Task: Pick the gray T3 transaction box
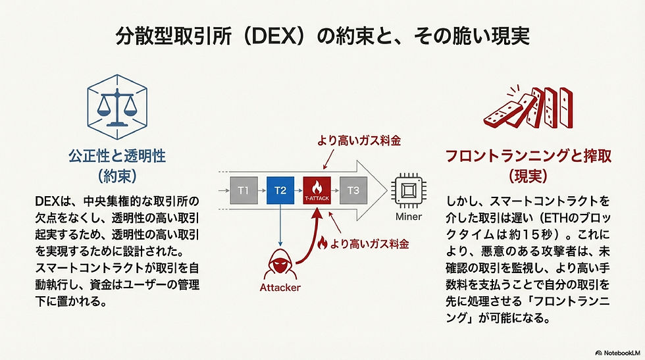353,190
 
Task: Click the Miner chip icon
407,191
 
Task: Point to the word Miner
408,217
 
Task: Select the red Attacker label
280,288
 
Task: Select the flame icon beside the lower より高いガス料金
322,244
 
